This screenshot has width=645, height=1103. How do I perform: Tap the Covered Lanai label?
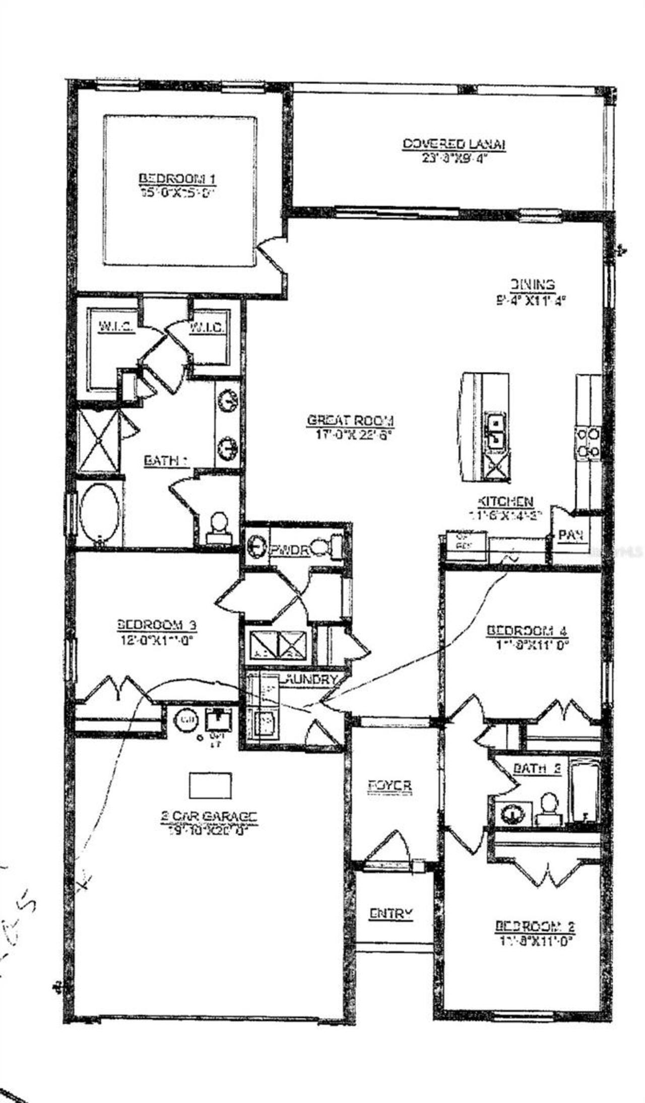[x=454, y=144]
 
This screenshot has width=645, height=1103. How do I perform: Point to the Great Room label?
[x=351, y=420]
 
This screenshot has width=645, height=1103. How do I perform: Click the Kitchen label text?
[x=505, y=502]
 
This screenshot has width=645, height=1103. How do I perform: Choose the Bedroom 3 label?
[x=157, y=625]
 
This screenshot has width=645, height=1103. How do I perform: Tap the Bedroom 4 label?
[x=528, y=631]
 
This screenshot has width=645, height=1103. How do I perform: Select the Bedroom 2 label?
[x=535, y=926]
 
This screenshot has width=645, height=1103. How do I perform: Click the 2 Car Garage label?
[x=209, y=816]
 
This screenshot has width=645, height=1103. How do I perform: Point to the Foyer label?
[x=390, y=785]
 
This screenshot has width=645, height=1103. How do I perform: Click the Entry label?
[x=391, y=913]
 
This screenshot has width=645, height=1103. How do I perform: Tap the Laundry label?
[x=310, y=680]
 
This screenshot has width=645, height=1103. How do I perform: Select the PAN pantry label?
[x=571, y=535]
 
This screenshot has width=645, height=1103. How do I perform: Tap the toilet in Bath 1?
[x=218, y=527]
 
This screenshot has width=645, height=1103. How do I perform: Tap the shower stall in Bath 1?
[x=99, y=441]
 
